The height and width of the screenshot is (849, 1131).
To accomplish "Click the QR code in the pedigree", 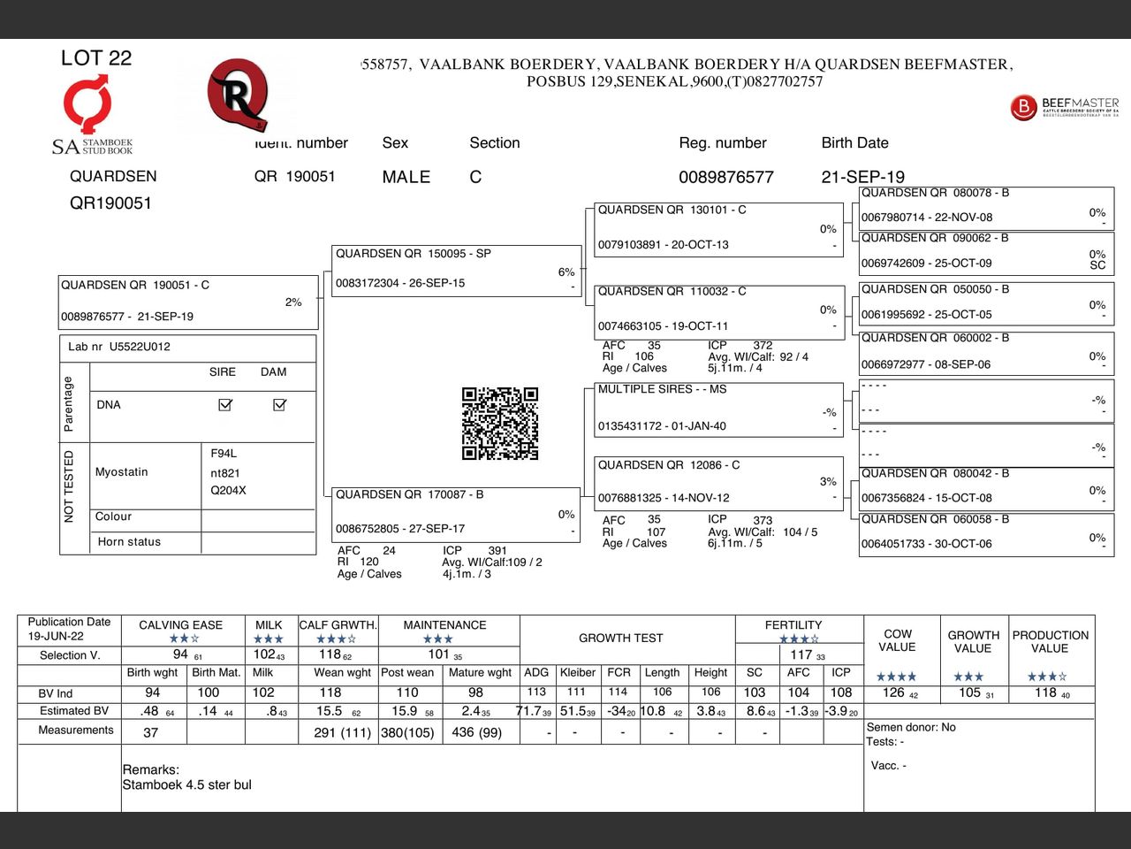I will [x=500, y=424].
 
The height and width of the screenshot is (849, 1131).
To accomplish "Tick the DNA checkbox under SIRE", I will [x=225, y=404].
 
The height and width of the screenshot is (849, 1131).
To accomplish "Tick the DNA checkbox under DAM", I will [x=280, y=404].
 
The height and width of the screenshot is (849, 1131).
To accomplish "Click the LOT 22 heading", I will [x=96, y=58].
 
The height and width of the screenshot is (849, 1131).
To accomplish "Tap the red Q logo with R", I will [x=237, y=94].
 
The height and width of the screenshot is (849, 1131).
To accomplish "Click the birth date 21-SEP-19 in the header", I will [x=862, y=177].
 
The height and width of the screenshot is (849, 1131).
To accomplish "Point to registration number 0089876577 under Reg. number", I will [x=725, y=177].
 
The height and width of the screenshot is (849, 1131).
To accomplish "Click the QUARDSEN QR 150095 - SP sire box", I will [x=456, y=271].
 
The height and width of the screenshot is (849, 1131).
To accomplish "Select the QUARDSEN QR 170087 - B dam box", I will [x=456, y=513].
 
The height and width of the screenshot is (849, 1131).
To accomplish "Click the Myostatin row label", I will [x=122, y=472].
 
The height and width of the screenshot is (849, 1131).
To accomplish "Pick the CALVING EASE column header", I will [x=180, y=625].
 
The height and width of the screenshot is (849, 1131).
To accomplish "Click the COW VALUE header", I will [x=898, y=641].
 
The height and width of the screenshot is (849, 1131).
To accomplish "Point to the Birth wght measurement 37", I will [x=151, y=732].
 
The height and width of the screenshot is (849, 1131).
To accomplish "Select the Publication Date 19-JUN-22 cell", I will [x=69, y=629].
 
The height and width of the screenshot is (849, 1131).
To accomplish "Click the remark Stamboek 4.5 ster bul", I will [x=187, y=784].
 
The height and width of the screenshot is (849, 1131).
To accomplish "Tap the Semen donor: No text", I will [x=911, y=727].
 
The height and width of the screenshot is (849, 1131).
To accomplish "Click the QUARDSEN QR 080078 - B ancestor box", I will [x=985, y=208].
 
